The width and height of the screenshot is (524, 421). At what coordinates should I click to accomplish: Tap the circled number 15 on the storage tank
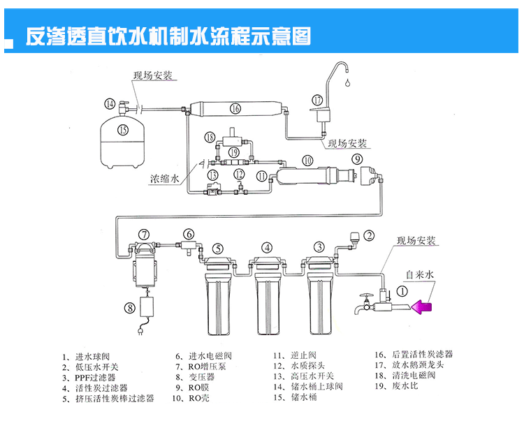(123, 129)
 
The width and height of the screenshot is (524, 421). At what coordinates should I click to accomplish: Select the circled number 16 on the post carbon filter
(235, 108)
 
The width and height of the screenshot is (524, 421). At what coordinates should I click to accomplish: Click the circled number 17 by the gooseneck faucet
(319, 100)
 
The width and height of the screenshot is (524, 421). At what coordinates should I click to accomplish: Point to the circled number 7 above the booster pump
(144, 234)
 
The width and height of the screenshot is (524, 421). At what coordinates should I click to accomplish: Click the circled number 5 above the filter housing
(217, 247)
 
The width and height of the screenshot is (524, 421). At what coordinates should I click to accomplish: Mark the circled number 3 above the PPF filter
(319, 246)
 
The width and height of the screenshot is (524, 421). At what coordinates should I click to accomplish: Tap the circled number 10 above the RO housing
(308, 161)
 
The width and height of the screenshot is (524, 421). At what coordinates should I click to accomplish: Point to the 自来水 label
(421, 276)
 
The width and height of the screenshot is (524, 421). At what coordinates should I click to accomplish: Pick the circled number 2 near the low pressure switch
(369, 236)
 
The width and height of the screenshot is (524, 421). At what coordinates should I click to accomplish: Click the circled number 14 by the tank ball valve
(110, 104)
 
